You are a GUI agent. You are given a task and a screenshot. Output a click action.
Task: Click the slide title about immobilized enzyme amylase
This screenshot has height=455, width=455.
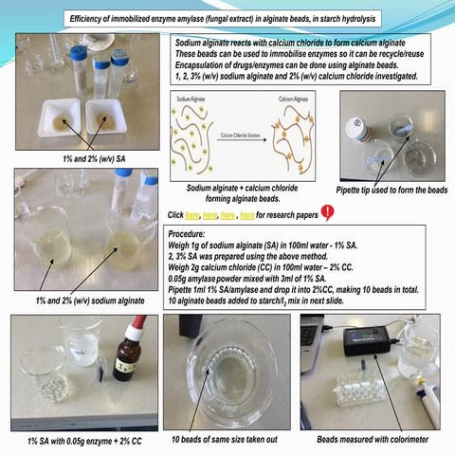227,20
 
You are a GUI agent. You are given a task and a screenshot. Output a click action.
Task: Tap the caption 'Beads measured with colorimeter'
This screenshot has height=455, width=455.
371,440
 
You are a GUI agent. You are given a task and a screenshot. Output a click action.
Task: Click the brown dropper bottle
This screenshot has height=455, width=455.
124,355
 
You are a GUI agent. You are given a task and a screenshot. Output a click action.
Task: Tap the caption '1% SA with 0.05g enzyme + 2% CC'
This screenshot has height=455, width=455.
80,440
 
